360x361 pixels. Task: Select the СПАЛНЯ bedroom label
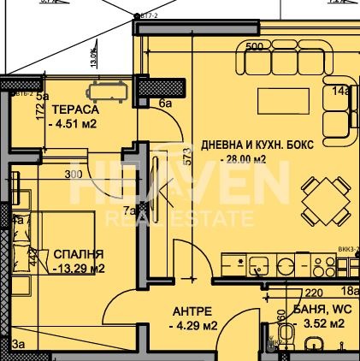79,254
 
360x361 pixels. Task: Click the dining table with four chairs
325,203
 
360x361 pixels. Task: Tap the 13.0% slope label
93,57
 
